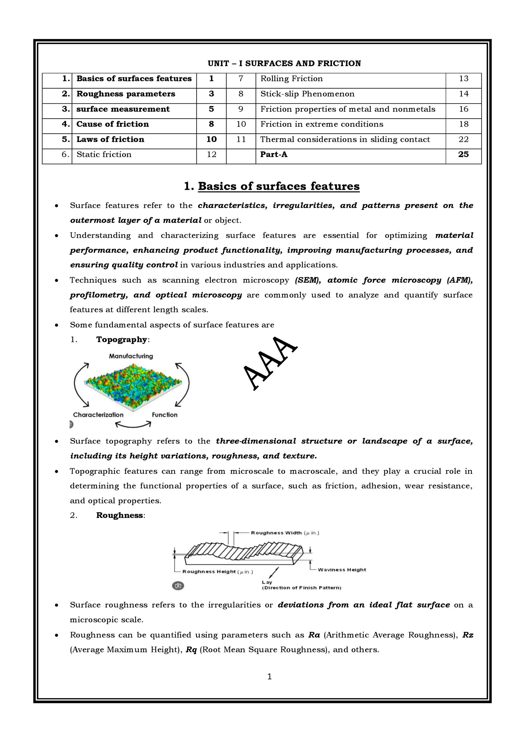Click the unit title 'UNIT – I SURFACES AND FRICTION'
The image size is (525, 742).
click(284, 63)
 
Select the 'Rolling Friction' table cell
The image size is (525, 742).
click(291, 79)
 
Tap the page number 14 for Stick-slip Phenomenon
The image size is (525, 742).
click(463, 94)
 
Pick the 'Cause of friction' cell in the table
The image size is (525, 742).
click(112, 124)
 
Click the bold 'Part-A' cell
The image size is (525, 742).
click(274, 154)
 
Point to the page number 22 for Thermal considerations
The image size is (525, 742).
click(463, 139)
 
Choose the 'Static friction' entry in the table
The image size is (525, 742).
click(104, 154)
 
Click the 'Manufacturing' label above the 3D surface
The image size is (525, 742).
click(131, 356)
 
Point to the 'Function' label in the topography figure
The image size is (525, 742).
click(165, 415)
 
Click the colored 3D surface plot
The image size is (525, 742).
click(133, 385)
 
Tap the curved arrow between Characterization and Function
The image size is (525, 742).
click(133, 425)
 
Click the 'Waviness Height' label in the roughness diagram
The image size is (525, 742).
click(342, 570)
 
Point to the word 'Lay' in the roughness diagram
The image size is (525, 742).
click(267, 582)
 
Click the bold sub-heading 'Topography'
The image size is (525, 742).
click(122, 339)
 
